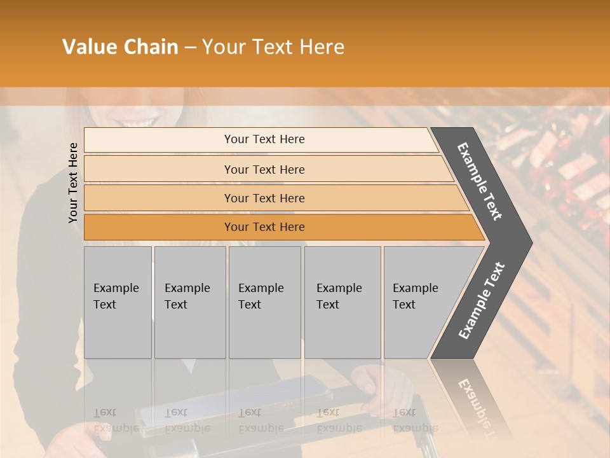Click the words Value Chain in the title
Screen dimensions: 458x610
(x=120, y=47)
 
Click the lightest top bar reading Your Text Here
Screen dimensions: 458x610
(x=264, y=139)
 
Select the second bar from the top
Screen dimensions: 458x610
(x=264, y=169)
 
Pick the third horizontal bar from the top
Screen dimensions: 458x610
(x=264, y=198)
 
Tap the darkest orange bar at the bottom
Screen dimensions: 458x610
(x=264, y=227)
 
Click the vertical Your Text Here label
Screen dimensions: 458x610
(x=73, y=183)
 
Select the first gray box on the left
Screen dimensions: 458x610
(x=118, y=302)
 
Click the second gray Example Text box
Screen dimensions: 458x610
(x=189, y=302)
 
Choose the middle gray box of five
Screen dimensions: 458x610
(x=264, y=302)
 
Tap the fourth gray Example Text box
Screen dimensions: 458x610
(x=342, y=302)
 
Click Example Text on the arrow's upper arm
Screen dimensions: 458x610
(x=480, y=181)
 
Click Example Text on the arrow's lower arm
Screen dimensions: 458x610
(x=481, y=301)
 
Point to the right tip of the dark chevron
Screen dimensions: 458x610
(x=531, y=243)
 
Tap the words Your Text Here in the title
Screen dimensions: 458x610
(x=273, y=47)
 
